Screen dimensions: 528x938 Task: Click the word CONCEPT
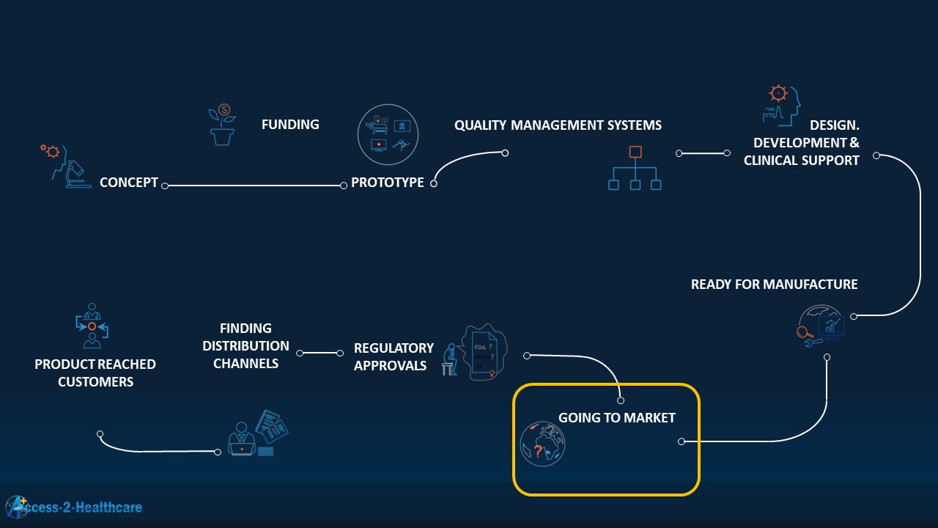point(129,183)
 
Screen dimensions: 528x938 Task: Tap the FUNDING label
point(290,125)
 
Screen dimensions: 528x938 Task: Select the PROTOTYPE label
point(387,183)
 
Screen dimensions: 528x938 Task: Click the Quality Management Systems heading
point(558,125)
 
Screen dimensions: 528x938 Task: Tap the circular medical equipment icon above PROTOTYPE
point(388,134)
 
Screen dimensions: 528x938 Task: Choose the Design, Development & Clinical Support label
point(802,143)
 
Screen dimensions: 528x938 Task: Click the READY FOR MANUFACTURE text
point(774,285)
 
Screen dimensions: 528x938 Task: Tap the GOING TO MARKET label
point(617,418)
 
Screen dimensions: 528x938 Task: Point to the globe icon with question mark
point(542,444)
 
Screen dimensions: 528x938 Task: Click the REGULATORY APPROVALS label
point(394,356)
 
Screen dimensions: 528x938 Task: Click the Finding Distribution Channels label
point(245,345)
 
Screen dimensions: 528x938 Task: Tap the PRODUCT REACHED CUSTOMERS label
point(95,373)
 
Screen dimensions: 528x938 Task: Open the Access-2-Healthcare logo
point(73,507)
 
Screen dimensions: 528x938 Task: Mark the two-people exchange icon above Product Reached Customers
point(92,325)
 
